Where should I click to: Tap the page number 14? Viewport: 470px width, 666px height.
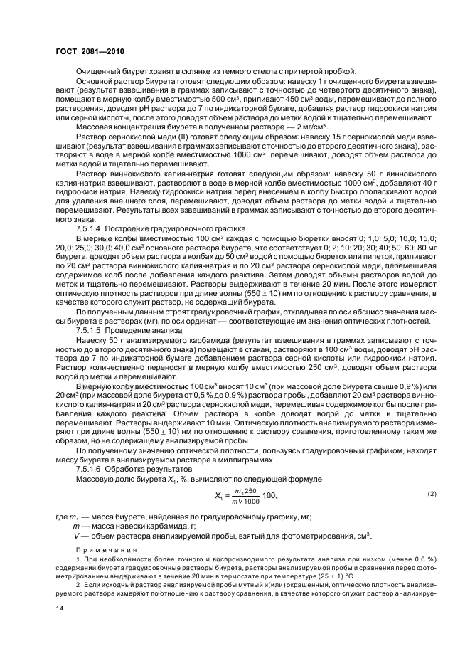(x=60, y=608)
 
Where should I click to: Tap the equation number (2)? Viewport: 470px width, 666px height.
(x=412, y=494)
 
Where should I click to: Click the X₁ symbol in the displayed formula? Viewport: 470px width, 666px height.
(x=219, y=495)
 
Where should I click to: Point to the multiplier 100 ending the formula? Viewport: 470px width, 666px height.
(x=269, y=495)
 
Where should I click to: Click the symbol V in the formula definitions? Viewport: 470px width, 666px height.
(x=77, y=535)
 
